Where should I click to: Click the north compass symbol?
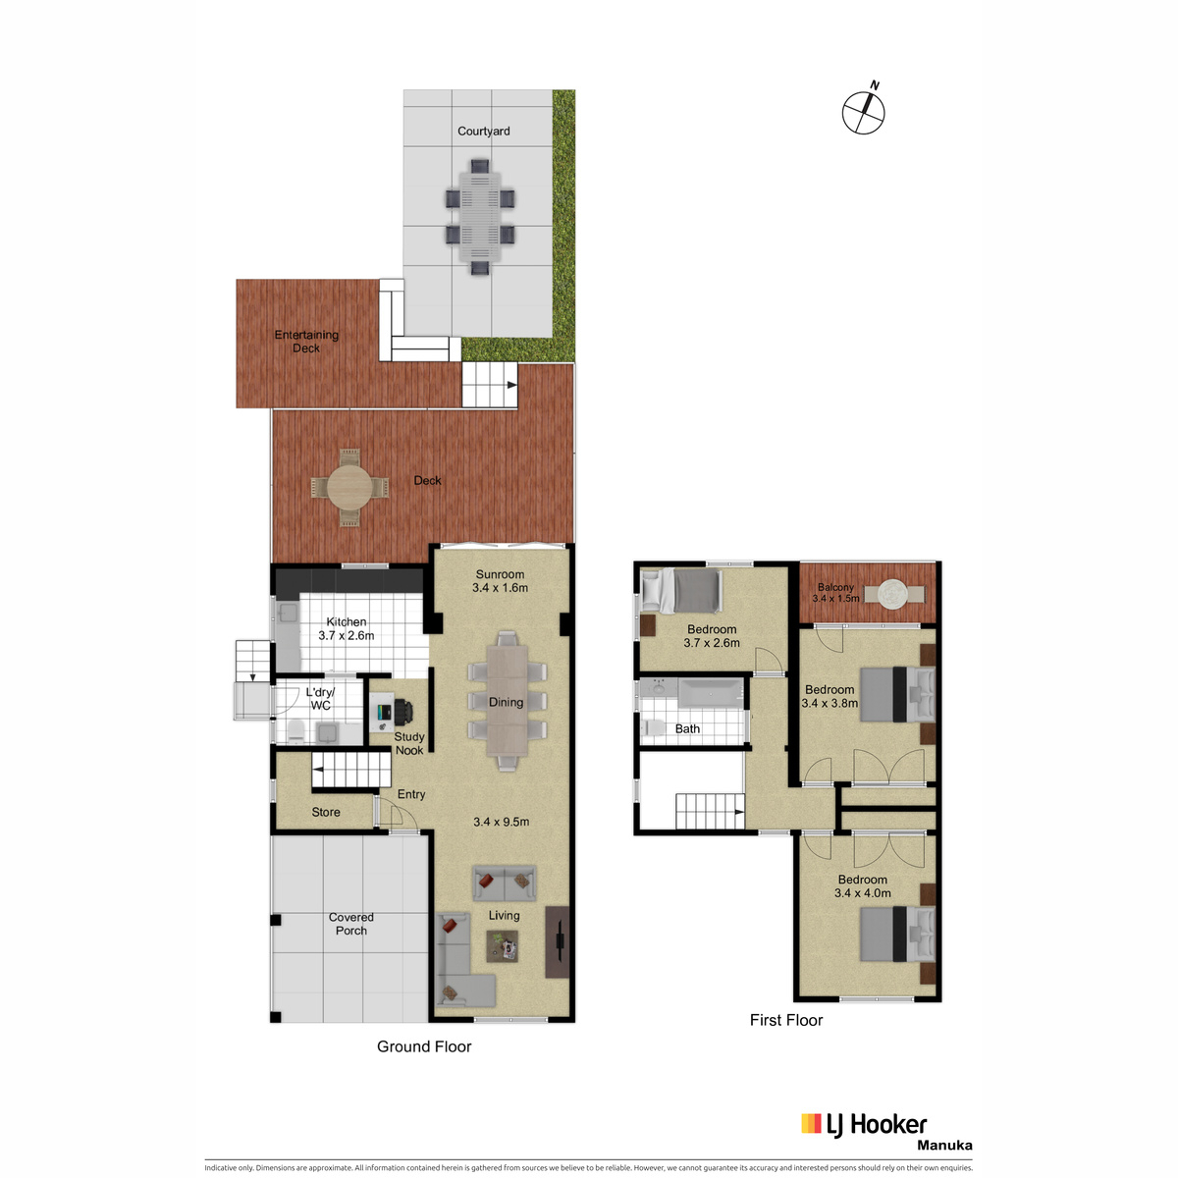tap(863, 112)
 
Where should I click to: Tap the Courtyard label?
tap(483, 131)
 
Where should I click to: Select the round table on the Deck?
tap(349, 487)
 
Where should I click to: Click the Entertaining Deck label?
tap(305, 341)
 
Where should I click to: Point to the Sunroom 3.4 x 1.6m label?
tap(500, 581)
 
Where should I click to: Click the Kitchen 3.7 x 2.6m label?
tap(346, 628)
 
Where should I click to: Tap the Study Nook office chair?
tap(402, 712)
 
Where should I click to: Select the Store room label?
tap(325, 812)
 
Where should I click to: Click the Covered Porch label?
tap(350, 924)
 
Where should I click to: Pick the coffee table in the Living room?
tap(503, 945)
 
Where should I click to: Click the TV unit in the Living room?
tap(557, 941)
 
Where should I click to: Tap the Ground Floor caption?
tap(424, 1046)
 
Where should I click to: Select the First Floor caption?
tap(786, 1020)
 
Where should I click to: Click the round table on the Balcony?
tap(894, 594)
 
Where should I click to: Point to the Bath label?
tap(687, 728)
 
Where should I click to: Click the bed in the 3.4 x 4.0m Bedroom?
tap(897, 934)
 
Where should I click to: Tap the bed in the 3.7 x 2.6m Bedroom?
tap(682, 591)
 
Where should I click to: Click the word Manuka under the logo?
tap(944, 1146)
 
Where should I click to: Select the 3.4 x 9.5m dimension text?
tap(502, 822)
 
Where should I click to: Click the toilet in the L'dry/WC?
tap(295, 730)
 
